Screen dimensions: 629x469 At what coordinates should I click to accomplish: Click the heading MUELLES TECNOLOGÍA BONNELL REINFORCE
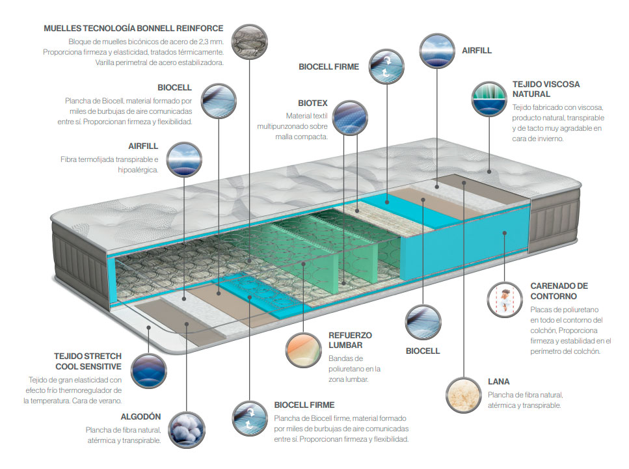pos(133,29)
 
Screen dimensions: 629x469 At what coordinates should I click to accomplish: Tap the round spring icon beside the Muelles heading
pos(250,42)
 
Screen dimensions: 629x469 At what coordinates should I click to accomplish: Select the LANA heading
pos(499,382)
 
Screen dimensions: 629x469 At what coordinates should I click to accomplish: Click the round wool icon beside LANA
pos(464,395)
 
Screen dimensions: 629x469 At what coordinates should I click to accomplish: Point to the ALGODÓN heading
pos(141,417)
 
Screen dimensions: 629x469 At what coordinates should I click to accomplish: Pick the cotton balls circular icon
pos(187,430)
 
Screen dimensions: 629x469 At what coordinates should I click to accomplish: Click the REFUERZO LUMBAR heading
pos(350,340)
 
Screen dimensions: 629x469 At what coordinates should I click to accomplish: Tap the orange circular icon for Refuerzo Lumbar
pos(304,350)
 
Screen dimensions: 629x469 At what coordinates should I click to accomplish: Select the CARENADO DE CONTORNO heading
pos(559,291)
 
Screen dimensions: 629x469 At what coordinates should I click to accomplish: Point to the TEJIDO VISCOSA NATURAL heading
pos(546,89)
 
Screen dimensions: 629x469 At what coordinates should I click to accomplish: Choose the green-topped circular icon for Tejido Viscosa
pos(489,99)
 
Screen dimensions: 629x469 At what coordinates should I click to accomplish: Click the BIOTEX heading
pos(313,103)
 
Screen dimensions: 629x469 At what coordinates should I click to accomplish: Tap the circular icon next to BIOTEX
pos(350,118)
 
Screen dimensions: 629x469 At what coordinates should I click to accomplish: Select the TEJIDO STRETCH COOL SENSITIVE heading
pos(88,361)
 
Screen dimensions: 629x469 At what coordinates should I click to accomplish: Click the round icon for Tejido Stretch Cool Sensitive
pos(149,371)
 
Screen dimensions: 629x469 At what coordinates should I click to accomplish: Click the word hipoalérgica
pos(138,170)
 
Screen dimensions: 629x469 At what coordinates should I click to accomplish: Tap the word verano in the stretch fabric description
pos(111,401)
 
